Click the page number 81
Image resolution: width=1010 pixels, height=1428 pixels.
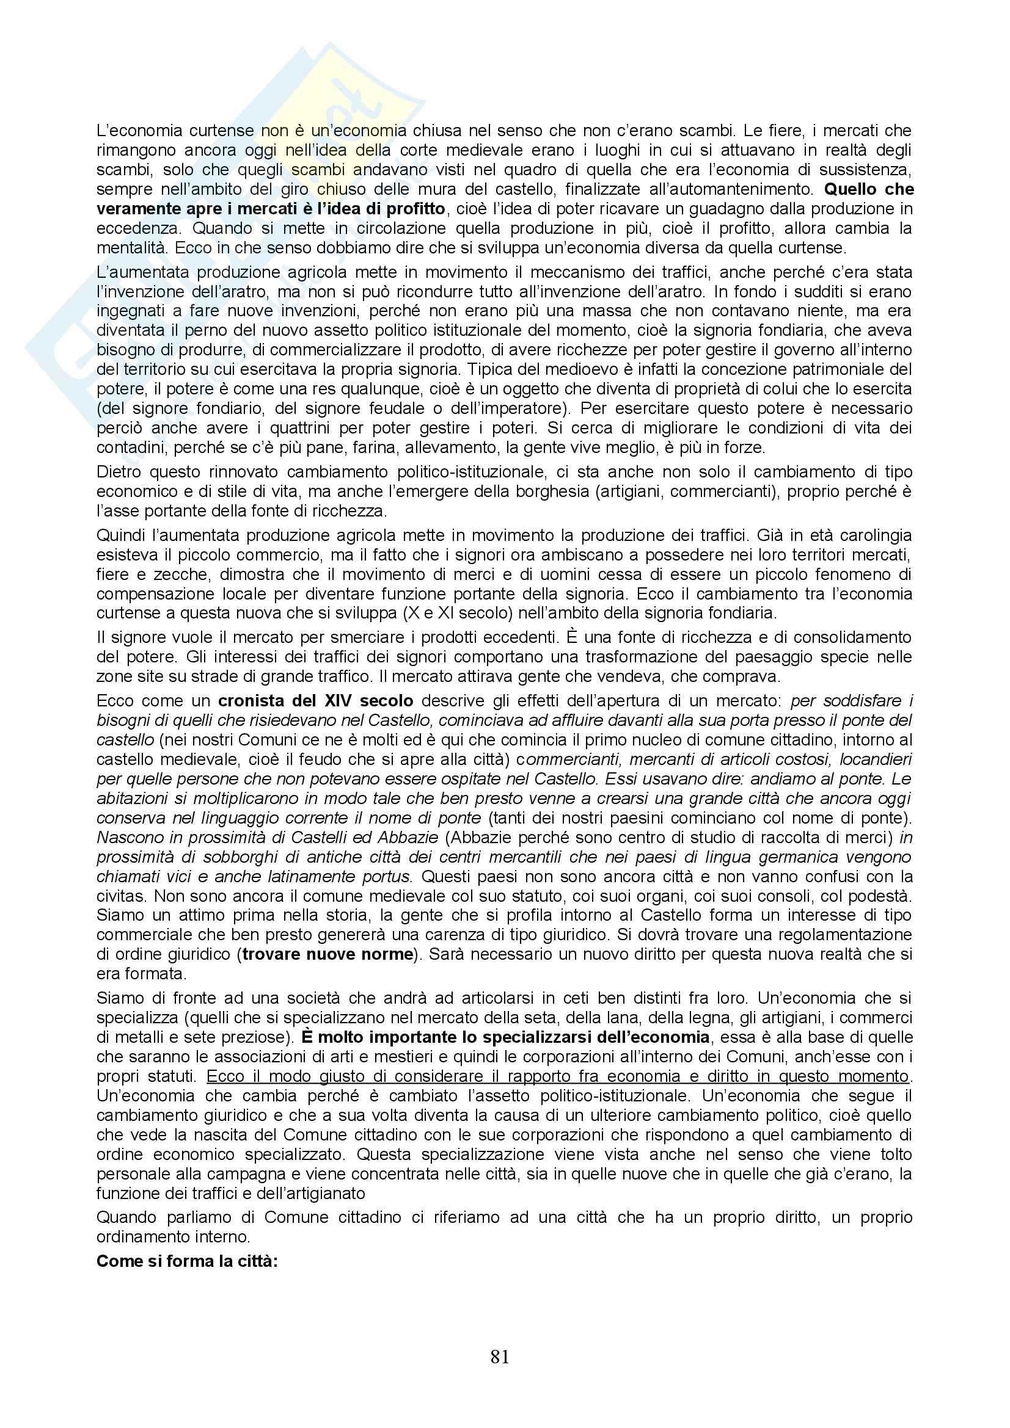click(x=500, y=1357)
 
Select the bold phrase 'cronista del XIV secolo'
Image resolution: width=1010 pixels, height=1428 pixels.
click(x=315, y=701)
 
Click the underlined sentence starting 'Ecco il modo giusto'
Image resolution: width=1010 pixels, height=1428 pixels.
click(x=558, y=1076)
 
